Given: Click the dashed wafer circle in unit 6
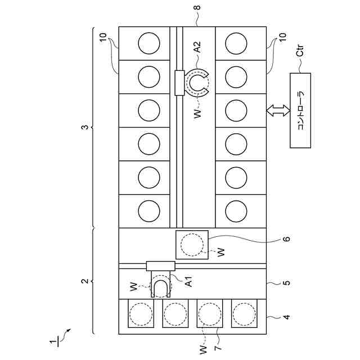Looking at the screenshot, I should click(192, 245).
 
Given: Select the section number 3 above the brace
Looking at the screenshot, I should click(85, 128).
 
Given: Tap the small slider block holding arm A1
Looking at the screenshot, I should click(161, 265).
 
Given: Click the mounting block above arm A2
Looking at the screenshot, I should click(180, 83).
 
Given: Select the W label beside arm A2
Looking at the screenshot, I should click(196, 113).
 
